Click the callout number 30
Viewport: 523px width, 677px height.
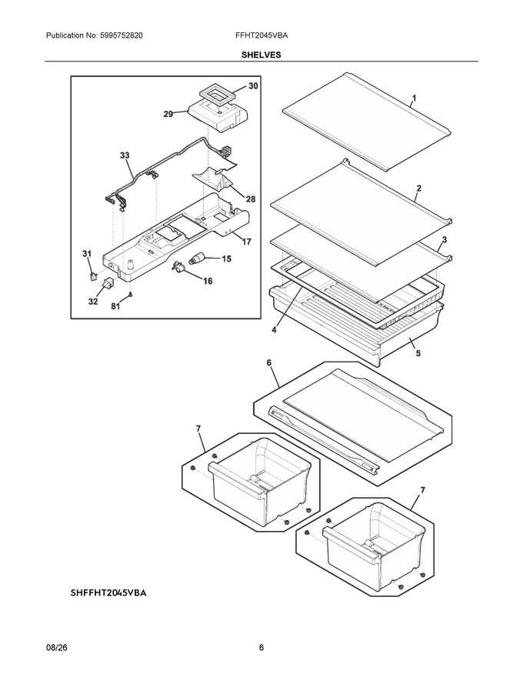[253, 86]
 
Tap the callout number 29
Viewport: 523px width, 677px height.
[168, 114]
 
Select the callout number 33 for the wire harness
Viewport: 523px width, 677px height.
[125, 155]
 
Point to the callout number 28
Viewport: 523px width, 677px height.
[251, 199]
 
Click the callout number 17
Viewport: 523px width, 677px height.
[246, 242]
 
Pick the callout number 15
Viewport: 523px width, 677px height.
[227, 258]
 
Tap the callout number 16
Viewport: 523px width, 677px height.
[208, 281]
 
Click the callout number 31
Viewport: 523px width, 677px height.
[87, 254]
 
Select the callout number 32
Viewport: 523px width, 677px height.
[93, 302]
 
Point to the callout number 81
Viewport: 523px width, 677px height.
[115, 306]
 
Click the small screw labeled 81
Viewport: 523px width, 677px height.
[130, 294]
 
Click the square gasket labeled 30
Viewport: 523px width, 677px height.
[217, 95]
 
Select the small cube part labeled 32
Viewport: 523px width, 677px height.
[108, 283]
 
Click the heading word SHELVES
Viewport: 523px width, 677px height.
[261, 55]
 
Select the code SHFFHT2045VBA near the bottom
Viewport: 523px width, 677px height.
[108, 593]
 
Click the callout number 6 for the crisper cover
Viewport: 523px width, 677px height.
[269, 362]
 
